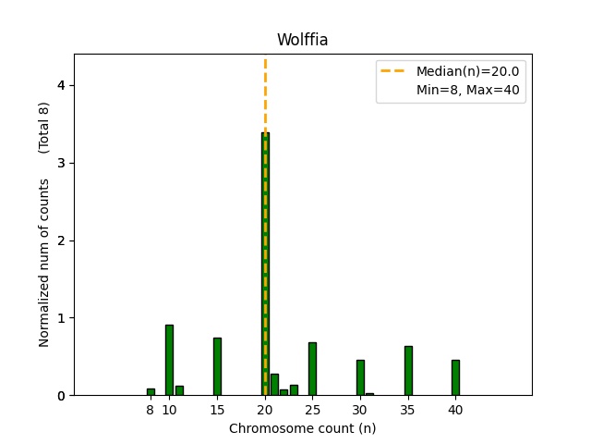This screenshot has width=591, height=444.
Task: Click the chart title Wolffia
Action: tap(302, 40)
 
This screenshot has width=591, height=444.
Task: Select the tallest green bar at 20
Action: tap(265, 264)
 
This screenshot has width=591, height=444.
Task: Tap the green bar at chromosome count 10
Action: tap(169, 360)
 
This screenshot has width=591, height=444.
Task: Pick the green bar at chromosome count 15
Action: tap(217, 366)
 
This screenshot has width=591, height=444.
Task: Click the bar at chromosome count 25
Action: tap(312, 369)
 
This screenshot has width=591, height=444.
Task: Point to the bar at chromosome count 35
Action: tap(407, 370)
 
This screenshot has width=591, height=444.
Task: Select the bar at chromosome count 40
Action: tap(455, 377)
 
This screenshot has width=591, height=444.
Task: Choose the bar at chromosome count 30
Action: tap(360, 377)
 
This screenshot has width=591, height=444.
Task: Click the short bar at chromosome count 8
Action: tap(151, 392)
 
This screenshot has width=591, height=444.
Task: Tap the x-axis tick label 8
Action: tap(151, 409)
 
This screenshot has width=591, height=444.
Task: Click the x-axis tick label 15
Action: tap(217, 409)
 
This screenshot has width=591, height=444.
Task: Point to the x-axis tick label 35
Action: tap(407, 409)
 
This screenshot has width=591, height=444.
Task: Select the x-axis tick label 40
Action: tap(455, 409)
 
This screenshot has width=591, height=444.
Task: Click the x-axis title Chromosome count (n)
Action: tap(302, 428)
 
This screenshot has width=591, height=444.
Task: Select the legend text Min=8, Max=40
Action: tap(470, 92)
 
